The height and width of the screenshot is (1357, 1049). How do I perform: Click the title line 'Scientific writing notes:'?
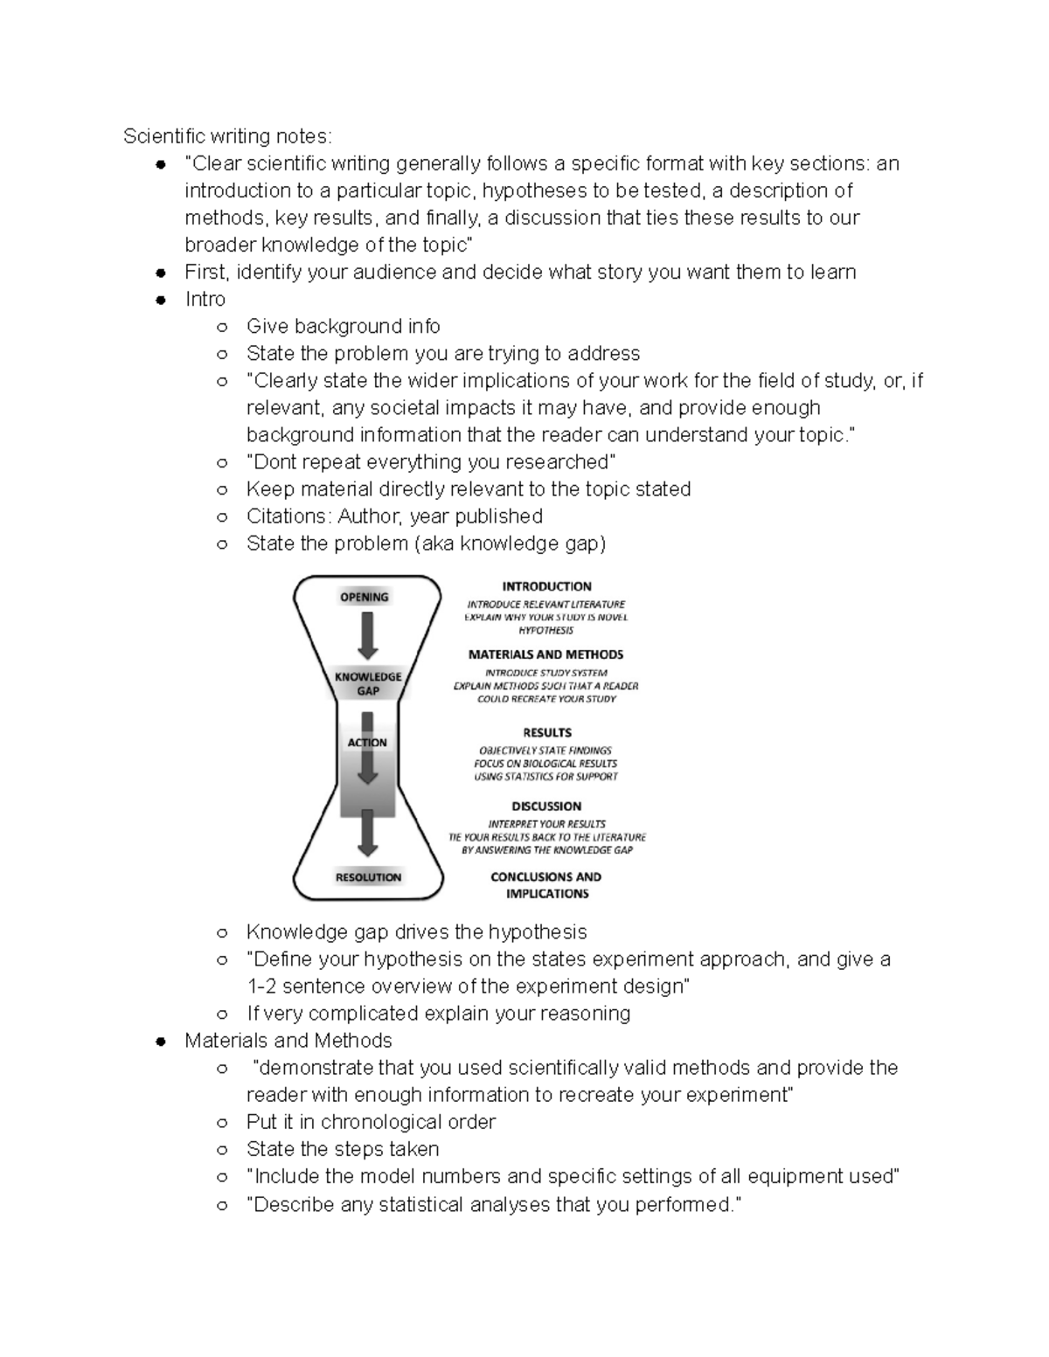point(227,136)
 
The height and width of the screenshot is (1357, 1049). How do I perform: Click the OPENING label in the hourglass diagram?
point(364,597)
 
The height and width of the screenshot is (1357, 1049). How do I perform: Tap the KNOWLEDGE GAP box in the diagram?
point(368,683)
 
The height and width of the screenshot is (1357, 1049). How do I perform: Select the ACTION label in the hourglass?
point(367,743)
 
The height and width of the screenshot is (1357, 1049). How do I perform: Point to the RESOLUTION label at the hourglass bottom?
point(368,877)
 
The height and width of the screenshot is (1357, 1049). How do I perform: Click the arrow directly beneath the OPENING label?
point(368,636)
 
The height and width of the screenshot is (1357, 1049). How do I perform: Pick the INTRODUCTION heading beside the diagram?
point(546,586)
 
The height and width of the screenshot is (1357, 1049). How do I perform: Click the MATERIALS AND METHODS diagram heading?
point(545,654)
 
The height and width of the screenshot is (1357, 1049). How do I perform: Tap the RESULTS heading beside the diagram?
point(547,732)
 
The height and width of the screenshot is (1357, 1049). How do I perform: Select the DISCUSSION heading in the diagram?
point(546,807)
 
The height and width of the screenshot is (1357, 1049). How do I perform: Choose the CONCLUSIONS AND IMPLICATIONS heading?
point(546,885)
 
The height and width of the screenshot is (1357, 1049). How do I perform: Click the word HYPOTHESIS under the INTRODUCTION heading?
point(546,630)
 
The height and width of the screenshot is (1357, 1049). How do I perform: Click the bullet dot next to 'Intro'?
point(160,300)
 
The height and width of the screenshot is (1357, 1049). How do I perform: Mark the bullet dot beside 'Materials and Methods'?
point(160,1042)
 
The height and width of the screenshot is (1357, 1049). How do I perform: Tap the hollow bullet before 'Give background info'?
point(222,328)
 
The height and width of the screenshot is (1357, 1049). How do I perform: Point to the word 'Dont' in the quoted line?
point(273,462)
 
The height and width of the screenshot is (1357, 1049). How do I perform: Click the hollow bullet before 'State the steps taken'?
point(222,1150)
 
